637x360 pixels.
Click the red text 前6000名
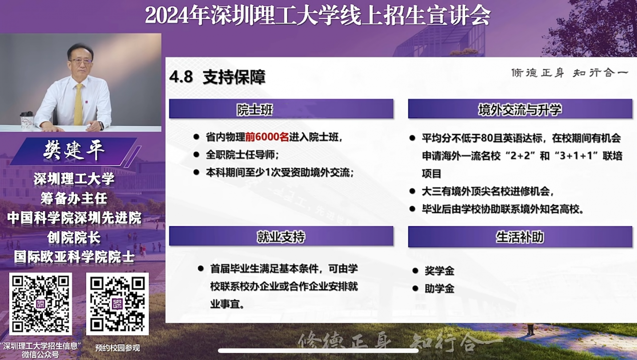pyautogui.click(x=267, y=137)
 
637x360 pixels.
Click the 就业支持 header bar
pyautogui.click(x=281, y=236)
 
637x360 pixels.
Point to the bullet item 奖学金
pyautogui.click(x=439, y=271)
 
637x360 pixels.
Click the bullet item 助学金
pyautogui.click(x=439, y=288)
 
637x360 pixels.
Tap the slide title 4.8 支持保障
pyautogui.click(x=217, y=77)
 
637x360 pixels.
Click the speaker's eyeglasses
pyautogui.click(x=81, y=61)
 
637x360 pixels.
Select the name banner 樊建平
pyautogui.click(x=74, y=151)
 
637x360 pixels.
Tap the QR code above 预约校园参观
pyautogui.click(x=117, y=304)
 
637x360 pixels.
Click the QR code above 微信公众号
pyautogui.click(x=40, y=304)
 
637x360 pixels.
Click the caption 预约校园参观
pyautogui.click(x=117, y=348)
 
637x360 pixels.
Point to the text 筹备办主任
pyautogui.click(x=74, y=198)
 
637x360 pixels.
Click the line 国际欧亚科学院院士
pyautogui.click(x=74, y=257)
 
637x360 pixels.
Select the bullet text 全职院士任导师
pyautogui.click(x=242, y=155)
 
